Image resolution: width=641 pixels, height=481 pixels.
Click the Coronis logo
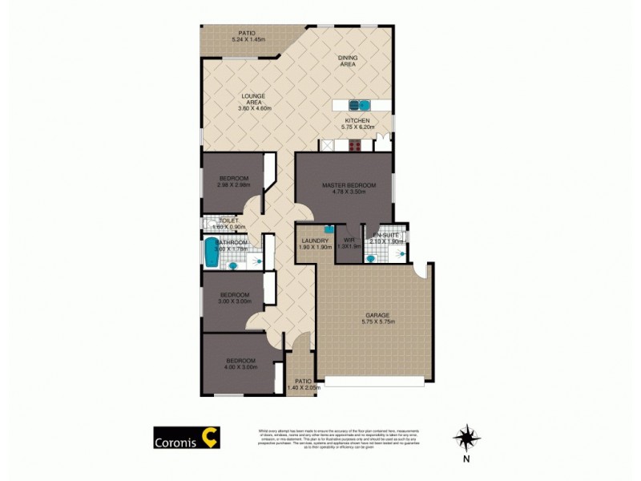187,437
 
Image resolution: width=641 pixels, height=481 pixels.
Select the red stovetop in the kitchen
354,146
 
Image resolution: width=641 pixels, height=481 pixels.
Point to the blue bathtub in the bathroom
212,253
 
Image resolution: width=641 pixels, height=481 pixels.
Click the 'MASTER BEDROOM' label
343,185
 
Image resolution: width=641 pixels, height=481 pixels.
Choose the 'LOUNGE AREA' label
253,99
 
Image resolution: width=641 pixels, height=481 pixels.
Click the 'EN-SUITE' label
385,235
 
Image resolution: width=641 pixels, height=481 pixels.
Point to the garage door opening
375,379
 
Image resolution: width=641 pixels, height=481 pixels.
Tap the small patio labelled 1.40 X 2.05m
303,385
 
